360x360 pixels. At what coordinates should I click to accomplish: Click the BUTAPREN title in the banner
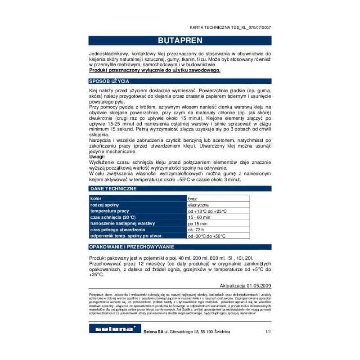tap(180, 40)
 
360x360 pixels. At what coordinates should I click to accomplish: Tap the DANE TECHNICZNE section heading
tap(113, 188)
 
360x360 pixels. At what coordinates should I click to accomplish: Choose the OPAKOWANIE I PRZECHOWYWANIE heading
tap(131, 247)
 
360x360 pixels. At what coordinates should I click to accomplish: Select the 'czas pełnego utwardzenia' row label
tap(117, 230)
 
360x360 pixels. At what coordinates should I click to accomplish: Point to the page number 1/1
tap(268, 332)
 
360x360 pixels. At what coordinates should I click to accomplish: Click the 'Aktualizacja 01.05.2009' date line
tap(245, 286)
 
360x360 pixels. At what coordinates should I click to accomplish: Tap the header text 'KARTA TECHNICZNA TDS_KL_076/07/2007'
tap(230, 27)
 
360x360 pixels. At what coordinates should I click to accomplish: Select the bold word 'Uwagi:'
tap(97, 157)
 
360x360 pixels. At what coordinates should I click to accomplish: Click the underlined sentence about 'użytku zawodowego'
tap(155, 71)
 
